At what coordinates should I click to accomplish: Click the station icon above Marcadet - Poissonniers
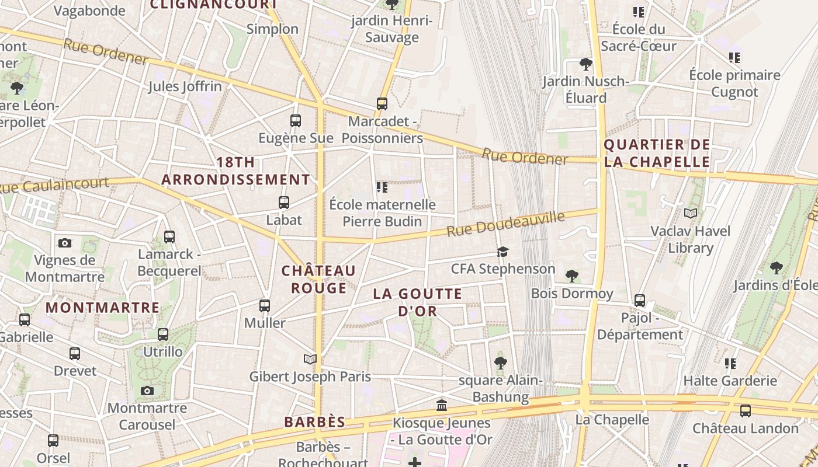point(382,104)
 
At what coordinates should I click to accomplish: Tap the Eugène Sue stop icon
point(296,121)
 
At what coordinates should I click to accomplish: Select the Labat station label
point(284,220)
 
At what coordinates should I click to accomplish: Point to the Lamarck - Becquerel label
point(169,263)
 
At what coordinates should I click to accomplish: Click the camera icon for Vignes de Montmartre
point(65,243)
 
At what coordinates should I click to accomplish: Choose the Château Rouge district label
point(318,280)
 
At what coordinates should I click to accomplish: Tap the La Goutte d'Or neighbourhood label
point(417,302)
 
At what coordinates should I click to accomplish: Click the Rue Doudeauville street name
point(505,224)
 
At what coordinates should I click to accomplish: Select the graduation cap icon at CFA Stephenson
point(502,252)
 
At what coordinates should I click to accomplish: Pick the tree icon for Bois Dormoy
point(571,276)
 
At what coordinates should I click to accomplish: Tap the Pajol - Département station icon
point(640,301)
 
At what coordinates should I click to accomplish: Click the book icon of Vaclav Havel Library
point(691,214)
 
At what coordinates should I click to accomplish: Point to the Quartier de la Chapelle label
point(657,154)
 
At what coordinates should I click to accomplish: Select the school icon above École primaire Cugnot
point(734,58)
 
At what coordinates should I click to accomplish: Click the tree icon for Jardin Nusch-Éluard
point(585,64)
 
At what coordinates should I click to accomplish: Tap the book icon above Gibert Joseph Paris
point(310,359)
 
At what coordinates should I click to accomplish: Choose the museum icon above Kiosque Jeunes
point(442,405)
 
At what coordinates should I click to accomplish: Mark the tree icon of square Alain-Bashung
point(500,363)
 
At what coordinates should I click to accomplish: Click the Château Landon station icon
point(745,411)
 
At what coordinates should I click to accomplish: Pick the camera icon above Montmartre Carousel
point(147,391)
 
